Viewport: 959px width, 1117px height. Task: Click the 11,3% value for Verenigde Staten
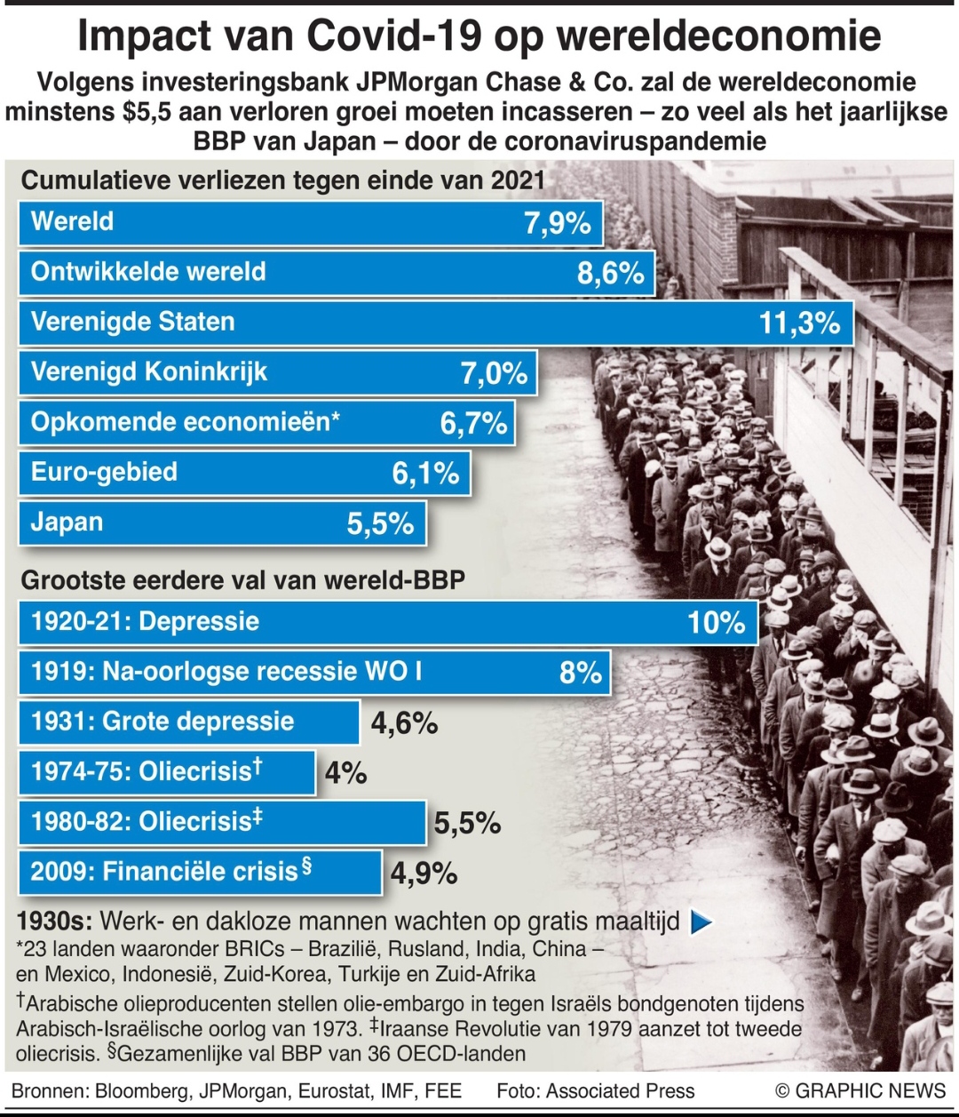(x=799, y=323)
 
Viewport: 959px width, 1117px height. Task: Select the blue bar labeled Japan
(x=222, y=523)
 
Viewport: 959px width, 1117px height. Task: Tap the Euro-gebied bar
(x=244, y=473)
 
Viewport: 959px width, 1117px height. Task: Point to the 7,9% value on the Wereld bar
(x=557, y=222)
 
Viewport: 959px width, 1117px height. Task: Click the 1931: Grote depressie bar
(x=189, y=722)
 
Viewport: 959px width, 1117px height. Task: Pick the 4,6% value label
(x=404, y=723)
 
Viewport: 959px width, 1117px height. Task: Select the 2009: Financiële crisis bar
(x=200, y=872)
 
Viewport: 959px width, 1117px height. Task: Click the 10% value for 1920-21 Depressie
(x=716, y=622)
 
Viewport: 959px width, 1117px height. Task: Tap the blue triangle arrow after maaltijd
(x=701, y=922)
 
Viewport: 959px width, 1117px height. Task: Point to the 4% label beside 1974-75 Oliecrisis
(x=345, y=773)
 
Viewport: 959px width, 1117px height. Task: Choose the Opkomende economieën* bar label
(x=186, y=422)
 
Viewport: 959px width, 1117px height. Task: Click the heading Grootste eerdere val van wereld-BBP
(x=242, y=580)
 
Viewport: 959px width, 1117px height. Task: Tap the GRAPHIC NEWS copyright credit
(x=860, y=1091)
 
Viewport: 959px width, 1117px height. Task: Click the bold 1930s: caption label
(x=55, y=921)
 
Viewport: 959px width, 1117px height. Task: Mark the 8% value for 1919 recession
(x=581, y=673)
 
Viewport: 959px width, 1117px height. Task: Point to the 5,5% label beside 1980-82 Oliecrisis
(x=467, y=824)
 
